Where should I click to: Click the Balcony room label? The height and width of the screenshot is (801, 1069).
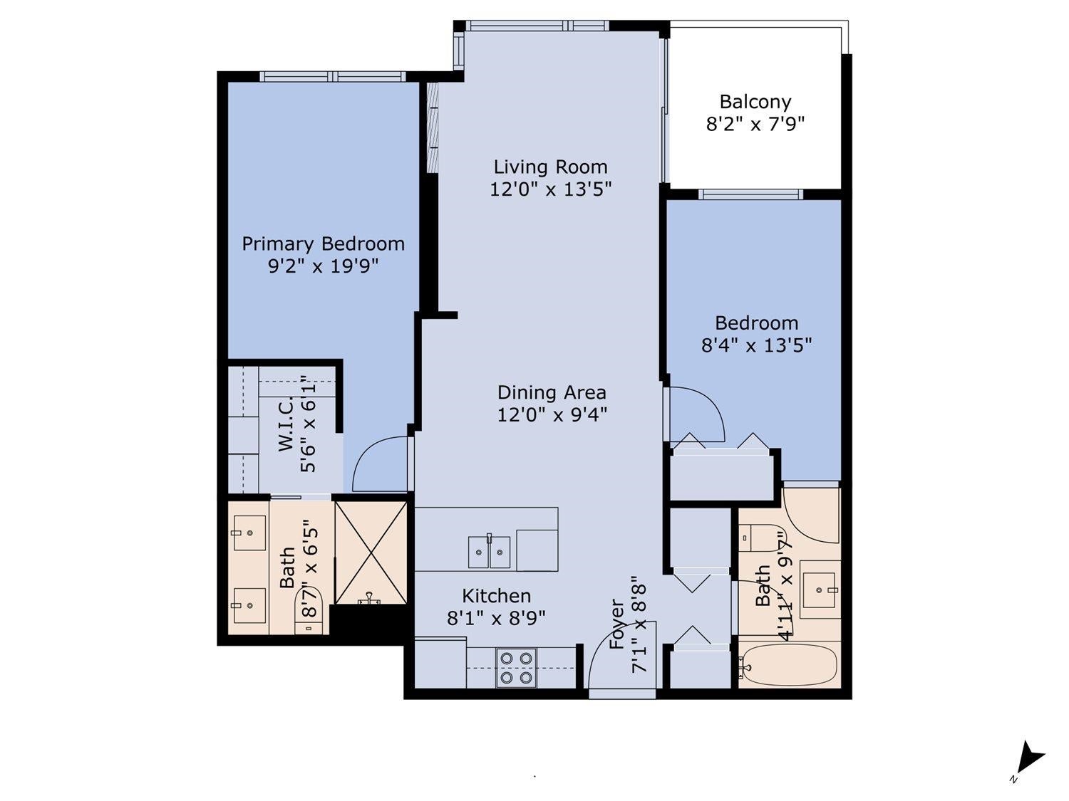point(755,102)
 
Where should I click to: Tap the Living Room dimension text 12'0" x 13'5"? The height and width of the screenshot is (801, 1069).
point(550,189)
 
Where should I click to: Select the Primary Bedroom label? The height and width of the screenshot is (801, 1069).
point(324,244)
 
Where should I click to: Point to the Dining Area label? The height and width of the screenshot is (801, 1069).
point(552,392)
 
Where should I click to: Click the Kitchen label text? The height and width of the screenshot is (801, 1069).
point(496,596)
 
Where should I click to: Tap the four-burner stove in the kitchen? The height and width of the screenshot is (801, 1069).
point(516,668)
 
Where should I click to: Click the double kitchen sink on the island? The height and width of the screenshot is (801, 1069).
point(489,552)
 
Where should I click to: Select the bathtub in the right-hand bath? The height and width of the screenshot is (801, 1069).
point(789,665)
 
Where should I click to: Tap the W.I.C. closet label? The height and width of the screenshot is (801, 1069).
point(286,424)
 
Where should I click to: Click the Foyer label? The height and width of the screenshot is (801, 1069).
point(617,624)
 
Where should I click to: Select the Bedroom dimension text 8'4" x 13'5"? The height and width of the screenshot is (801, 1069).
point(756,346)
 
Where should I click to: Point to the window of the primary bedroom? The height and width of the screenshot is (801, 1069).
point(333,76)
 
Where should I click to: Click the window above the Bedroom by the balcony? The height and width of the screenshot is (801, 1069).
point(750,194)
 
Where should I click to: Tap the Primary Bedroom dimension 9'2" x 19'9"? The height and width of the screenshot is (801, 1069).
point(324,266)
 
